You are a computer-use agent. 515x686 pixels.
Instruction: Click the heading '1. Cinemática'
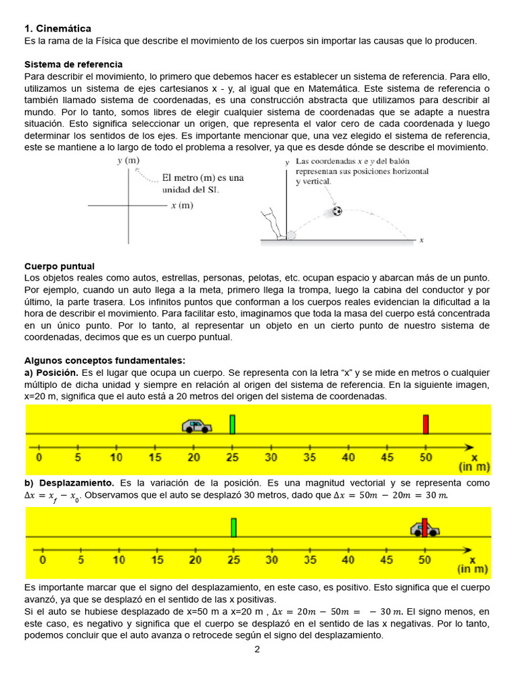click(58, 29)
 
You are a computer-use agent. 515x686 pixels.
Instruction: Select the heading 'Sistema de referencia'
click(73, 64)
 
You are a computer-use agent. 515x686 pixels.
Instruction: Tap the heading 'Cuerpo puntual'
click(59, 266)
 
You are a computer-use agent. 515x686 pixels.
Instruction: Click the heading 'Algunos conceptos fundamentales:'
click(105, 360)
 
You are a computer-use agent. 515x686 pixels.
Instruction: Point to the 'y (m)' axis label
click(127, 161)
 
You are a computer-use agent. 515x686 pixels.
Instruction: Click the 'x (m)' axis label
click(182, 205)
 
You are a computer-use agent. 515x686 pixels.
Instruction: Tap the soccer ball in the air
click(337, 211)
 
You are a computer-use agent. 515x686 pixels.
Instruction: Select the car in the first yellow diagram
click(196, 426)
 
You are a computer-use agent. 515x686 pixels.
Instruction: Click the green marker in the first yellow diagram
click(233, 425)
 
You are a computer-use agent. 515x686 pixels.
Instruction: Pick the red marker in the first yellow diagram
click(425, 425)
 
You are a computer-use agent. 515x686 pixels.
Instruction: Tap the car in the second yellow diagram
click(425, 529)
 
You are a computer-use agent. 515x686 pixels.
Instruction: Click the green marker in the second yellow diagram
click(233, 528)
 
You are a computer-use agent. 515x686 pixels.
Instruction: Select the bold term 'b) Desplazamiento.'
click(70, 483)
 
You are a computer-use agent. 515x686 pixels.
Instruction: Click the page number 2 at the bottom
click(257, 649)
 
